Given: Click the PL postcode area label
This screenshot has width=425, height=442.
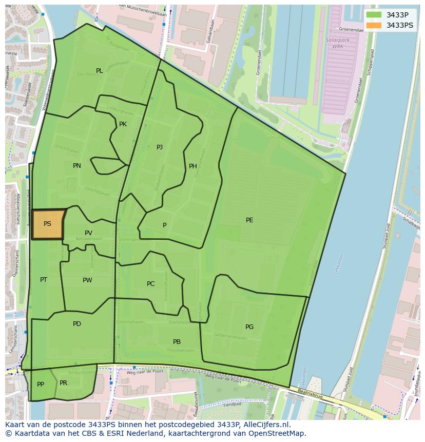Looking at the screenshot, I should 99,71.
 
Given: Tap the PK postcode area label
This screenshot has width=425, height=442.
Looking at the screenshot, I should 123,124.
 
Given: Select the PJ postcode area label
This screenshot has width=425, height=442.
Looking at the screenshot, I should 160,147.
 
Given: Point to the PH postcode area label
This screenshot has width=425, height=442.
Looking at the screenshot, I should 193,166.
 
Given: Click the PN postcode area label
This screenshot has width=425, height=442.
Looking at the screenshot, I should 77,165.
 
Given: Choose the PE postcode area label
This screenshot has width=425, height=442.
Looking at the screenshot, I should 249,220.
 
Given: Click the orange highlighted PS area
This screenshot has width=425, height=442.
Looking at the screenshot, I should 47,224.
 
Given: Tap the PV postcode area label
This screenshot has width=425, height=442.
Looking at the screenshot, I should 88,233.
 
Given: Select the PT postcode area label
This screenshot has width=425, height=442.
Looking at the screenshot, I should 44,280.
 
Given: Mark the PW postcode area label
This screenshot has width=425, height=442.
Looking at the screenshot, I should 87,280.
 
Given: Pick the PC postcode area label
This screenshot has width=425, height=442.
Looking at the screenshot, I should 150,284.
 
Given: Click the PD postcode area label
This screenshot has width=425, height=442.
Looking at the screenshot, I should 77,324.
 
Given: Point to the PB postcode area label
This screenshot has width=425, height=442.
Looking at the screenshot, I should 177,342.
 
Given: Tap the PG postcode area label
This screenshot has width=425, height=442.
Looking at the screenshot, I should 249,327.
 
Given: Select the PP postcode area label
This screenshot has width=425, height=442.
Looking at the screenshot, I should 41,385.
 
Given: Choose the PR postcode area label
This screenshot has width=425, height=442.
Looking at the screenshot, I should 63,383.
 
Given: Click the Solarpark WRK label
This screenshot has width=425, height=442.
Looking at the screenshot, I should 334,43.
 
